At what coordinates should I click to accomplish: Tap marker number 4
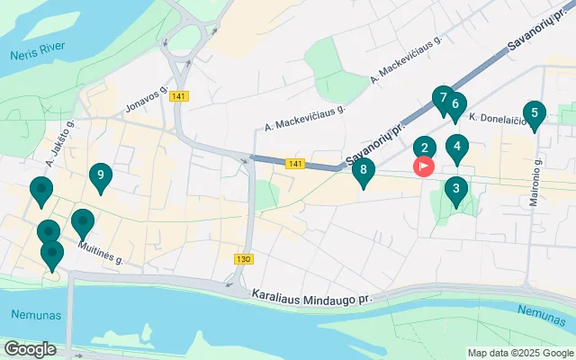457,148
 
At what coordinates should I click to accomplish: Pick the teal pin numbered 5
535,114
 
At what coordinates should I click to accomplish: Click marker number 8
363,170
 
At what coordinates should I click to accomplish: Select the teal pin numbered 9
100,176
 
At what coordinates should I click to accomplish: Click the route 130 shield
243,259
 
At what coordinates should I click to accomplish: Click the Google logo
31,348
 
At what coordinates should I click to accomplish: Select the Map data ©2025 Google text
519,353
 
